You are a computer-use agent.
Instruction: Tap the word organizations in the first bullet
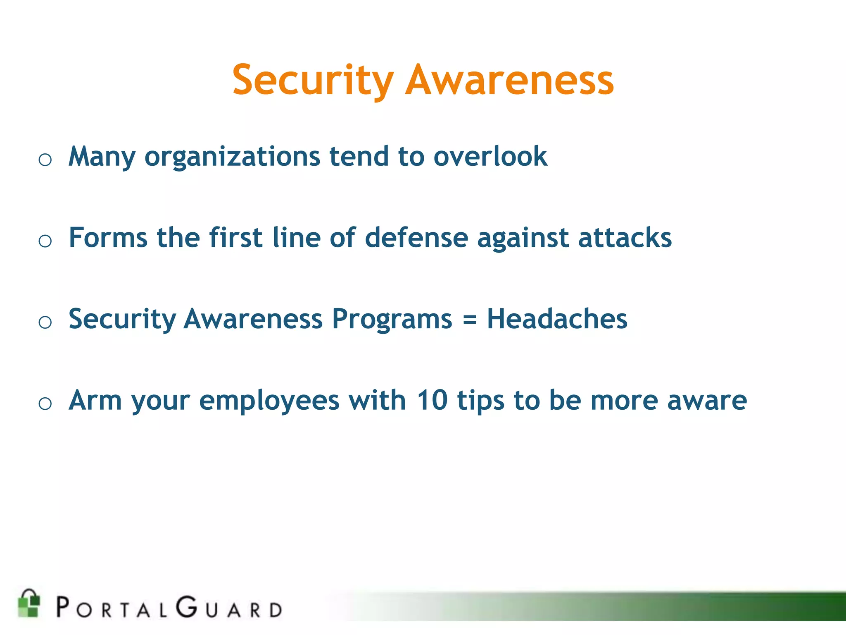tap(232, 157)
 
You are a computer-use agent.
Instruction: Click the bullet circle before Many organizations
tap(45, 160)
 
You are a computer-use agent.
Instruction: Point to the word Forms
tap(108, 238)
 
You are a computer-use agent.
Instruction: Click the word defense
tap(416, 238)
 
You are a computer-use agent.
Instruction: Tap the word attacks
tap(625, 238)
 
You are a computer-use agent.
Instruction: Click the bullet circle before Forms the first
tap(45, 241)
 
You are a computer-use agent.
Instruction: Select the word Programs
tap(392, 320)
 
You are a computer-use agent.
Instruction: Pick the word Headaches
tap(557, 319)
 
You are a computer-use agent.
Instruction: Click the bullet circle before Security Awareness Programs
tap(45, 322)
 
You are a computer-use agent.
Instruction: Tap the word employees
tap(269, 401)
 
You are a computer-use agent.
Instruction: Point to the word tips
tap(481, 401)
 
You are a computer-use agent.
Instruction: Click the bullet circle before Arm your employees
tap(45, 403)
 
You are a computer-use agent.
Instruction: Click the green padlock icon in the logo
tap(29, 603)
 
